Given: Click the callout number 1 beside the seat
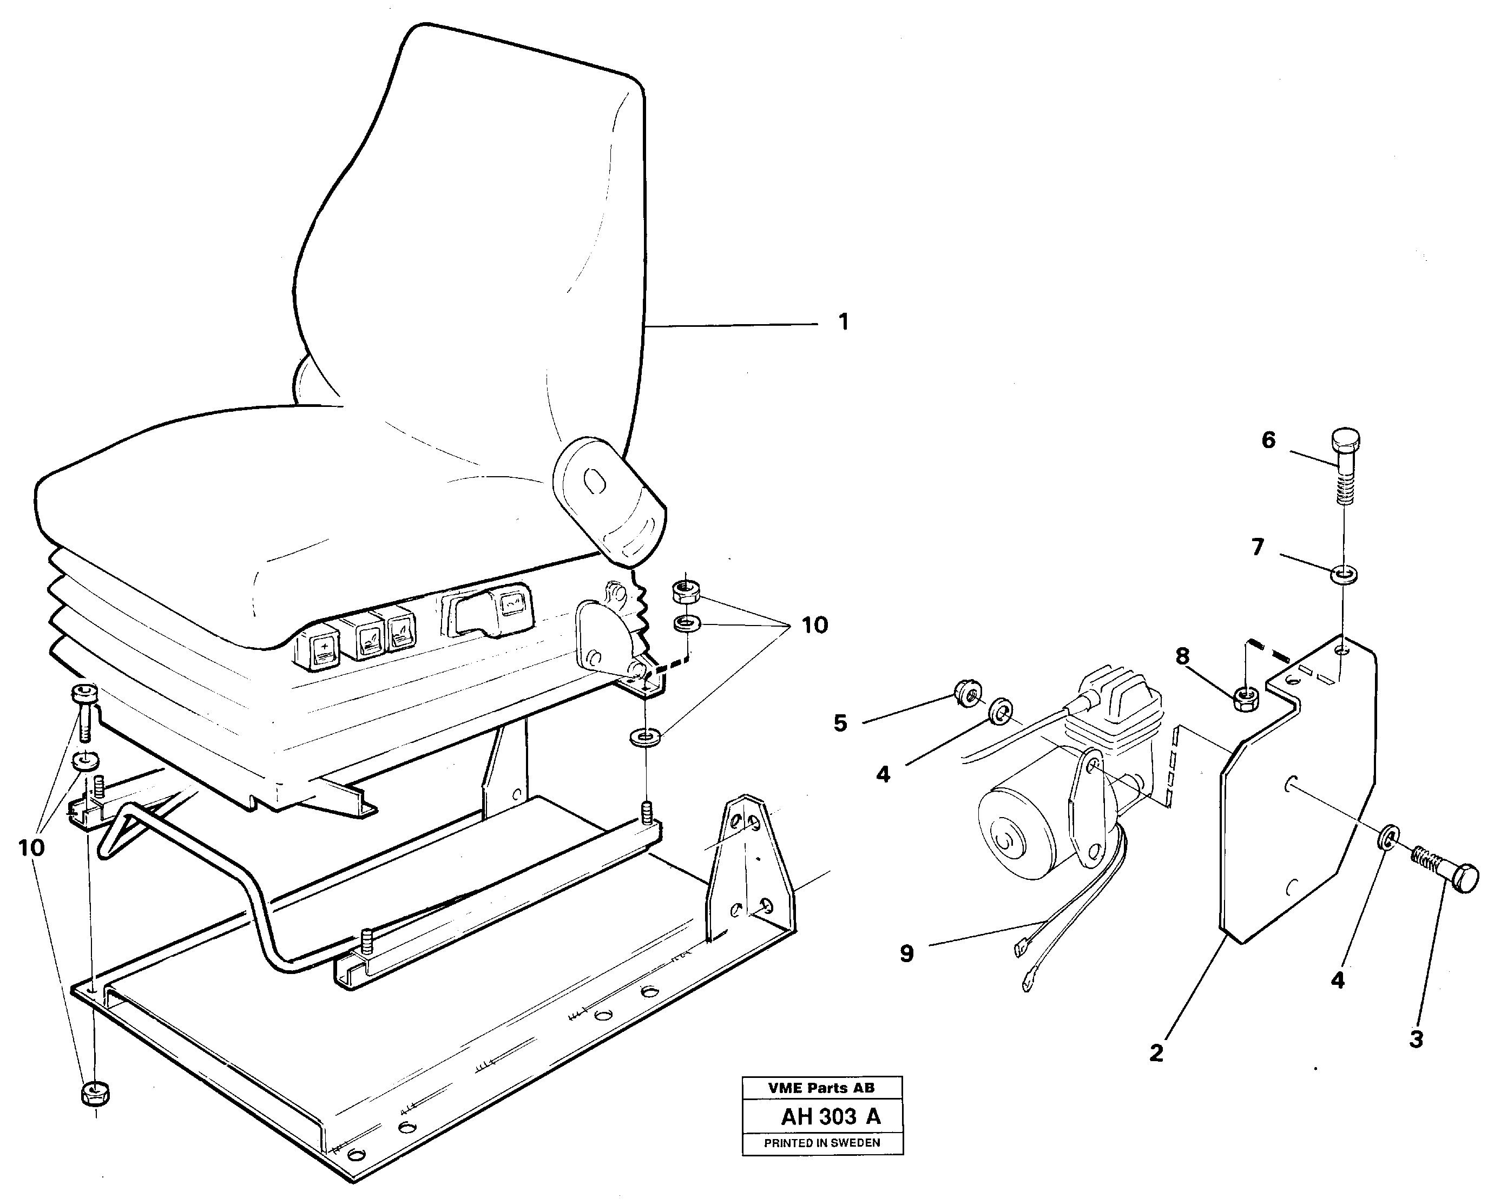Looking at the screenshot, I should tap(844, 322).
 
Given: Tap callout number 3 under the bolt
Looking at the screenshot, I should tap(1416, 1039).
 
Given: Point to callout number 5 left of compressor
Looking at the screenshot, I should tap(840, 724).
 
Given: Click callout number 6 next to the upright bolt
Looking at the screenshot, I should tap(1268, 440).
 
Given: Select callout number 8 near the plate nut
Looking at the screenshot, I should tap(1182, 656).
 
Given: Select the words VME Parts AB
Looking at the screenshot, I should tap(821, 1088).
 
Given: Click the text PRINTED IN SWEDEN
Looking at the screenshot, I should tap(822, 1143).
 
